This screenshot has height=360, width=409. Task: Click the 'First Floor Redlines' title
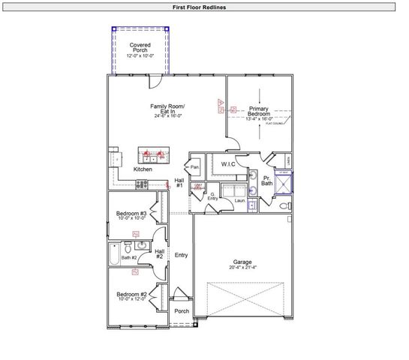pos(204,7)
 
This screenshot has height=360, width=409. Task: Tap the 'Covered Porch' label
pos(140,50)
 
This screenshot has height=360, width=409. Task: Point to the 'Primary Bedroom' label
pos(259,112)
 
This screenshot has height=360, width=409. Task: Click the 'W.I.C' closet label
pos(228,163)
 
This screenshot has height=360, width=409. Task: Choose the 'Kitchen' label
pos(143,169)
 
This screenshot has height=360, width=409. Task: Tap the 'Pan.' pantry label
pos(194,166)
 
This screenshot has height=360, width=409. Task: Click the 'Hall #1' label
pos(179,183)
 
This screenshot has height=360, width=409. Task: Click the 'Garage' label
pos(241,262)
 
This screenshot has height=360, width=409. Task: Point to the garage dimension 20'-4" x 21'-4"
pos(241,268)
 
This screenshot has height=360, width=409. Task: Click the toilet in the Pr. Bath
pos(284,205)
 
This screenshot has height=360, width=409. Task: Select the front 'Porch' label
pos(182,310)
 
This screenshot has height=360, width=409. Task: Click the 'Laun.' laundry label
pos(240,201)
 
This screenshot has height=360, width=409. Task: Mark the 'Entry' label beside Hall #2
pos(181,255)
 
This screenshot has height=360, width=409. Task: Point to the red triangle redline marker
pos(221,101)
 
